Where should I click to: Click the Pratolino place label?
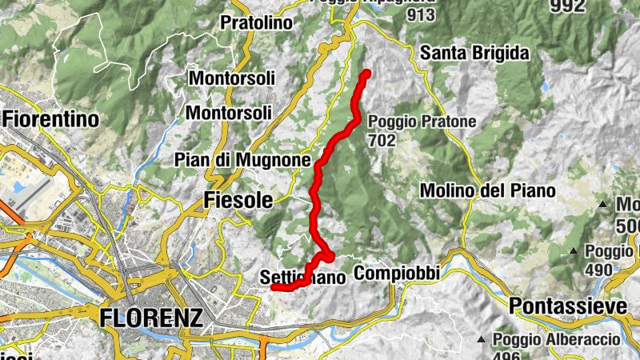click(256, 22)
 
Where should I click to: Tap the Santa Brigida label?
click(474, 54)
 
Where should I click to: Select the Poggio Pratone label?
click(422, 122)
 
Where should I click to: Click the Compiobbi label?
click(397, 274)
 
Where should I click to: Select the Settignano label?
click(302, 278)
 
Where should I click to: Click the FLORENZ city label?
click(151, 318)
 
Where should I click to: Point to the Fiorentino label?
click(50, 119)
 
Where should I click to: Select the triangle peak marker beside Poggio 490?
click(574, 253)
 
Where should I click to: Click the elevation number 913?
click(421, 14)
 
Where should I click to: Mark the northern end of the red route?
click(366, 74)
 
